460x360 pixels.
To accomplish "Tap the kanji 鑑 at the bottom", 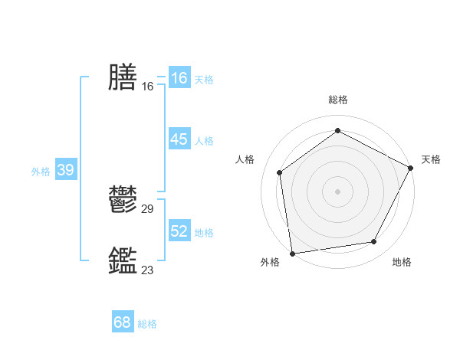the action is pyautogui.click(x=123, y=260).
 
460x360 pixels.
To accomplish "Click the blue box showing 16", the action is pyautogui.click(x=179, y=78).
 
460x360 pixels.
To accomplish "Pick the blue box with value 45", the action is pyautogui.click(x=179, y=139).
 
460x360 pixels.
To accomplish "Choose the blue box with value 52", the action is pyautogui.click(x=179, y=231).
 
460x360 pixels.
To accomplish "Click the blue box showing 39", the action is pyautogui.click(x=65, y=170).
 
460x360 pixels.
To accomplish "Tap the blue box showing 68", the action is pyautogui.click(x=123, y=322).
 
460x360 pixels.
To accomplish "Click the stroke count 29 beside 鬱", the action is pyautogui.click(x=148, y=208).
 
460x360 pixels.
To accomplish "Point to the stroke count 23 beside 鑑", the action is pyautogui.click(x=148, y=270).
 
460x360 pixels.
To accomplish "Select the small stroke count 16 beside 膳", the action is pyautogui.click(x=148, y=86).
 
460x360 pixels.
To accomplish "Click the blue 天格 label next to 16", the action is pyautogui.click(x=204, y=80).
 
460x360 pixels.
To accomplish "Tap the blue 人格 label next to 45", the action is pyautogui.click(x=204, y=141).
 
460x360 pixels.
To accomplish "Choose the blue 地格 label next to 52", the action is pyautogui.click(x=204, y=233).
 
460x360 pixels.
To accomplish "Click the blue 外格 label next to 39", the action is pyautogui.click(x=41, y=172).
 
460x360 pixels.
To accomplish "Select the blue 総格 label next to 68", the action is pyautogui.click(x=147, y=324).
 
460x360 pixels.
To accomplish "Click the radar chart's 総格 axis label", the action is pyautogui.click(x=337, y=100).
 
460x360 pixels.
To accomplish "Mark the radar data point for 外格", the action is pyautogui.click(x=291, y=252).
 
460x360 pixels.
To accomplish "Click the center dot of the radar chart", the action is pyautogui.click(x=337, y=191).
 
